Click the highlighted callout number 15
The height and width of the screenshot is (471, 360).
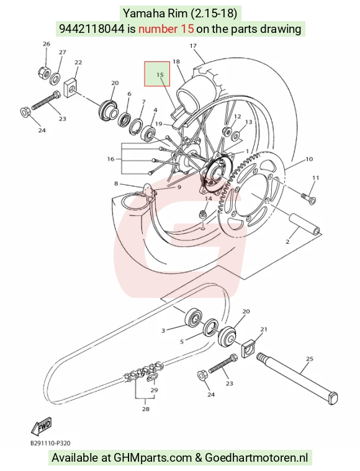click(x=160, y=74)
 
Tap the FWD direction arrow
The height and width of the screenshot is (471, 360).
click(x=42, y=426)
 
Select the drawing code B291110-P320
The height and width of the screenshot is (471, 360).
click(x=50, y=443)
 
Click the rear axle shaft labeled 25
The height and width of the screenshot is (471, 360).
click(x=297, y=379)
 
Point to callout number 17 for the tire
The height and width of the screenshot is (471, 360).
click(x=193, y=46)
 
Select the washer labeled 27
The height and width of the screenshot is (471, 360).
click(x=55, y=78)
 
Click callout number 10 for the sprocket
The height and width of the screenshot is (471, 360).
click(x=309, y=159)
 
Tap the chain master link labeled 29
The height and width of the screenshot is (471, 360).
click(x=152, y=377)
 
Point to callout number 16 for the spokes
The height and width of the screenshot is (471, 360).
click(x=110, y=159)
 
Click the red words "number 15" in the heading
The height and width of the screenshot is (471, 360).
click(x=166, y=29)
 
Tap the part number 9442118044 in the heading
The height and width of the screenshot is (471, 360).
click(x=92, y=29)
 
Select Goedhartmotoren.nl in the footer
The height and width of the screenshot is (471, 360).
click(x=256, y=458)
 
